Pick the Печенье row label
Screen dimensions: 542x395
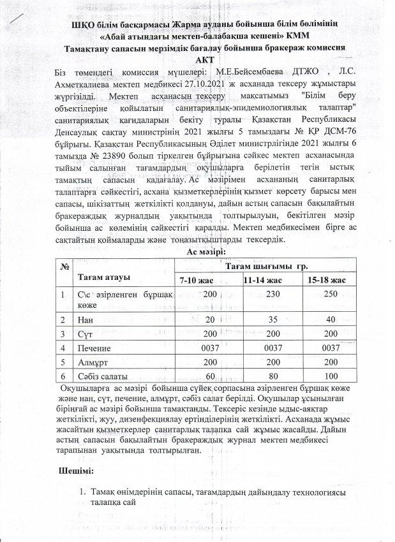tap(94, 348)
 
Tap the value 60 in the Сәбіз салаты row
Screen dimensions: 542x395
tap(193, 376)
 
